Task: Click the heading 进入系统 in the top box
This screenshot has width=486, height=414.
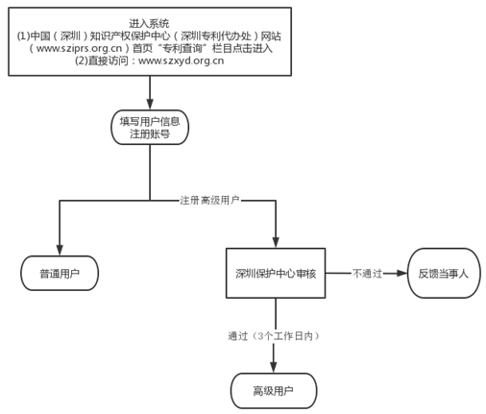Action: (149, 23)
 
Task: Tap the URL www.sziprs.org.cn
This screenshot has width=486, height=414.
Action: (79, 48)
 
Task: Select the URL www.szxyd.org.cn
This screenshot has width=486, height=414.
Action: (181, 61)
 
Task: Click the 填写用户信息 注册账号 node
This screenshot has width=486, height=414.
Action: (150, 128)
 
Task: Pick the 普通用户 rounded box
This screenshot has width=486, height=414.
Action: (60, 273)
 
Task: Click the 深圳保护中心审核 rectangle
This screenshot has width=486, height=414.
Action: (276, 273)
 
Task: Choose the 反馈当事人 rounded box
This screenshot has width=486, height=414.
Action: (444, 273)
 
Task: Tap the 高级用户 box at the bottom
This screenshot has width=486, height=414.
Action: (274, 391)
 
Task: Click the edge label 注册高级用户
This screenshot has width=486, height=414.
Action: (209, 201)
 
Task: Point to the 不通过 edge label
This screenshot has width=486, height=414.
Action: (368, 274)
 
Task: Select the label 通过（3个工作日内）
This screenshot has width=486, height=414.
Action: (274, 336)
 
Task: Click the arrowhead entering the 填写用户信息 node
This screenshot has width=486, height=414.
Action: (150, 105)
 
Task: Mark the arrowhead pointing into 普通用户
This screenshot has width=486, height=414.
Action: (60, 251)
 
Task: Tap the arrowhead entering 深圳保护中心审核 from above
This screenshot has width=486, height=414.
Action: (276, 243)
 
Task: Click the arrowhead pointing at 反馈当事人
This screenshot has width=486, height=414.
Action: (401, 273)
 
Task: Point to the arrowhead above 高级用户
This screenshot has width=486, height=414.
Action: (274, 368)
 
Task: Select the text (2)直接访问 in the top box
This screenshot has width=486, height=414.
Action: (102, 61)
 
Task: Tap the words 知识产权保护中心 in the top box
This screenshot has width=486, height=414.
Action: (130, 36)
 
